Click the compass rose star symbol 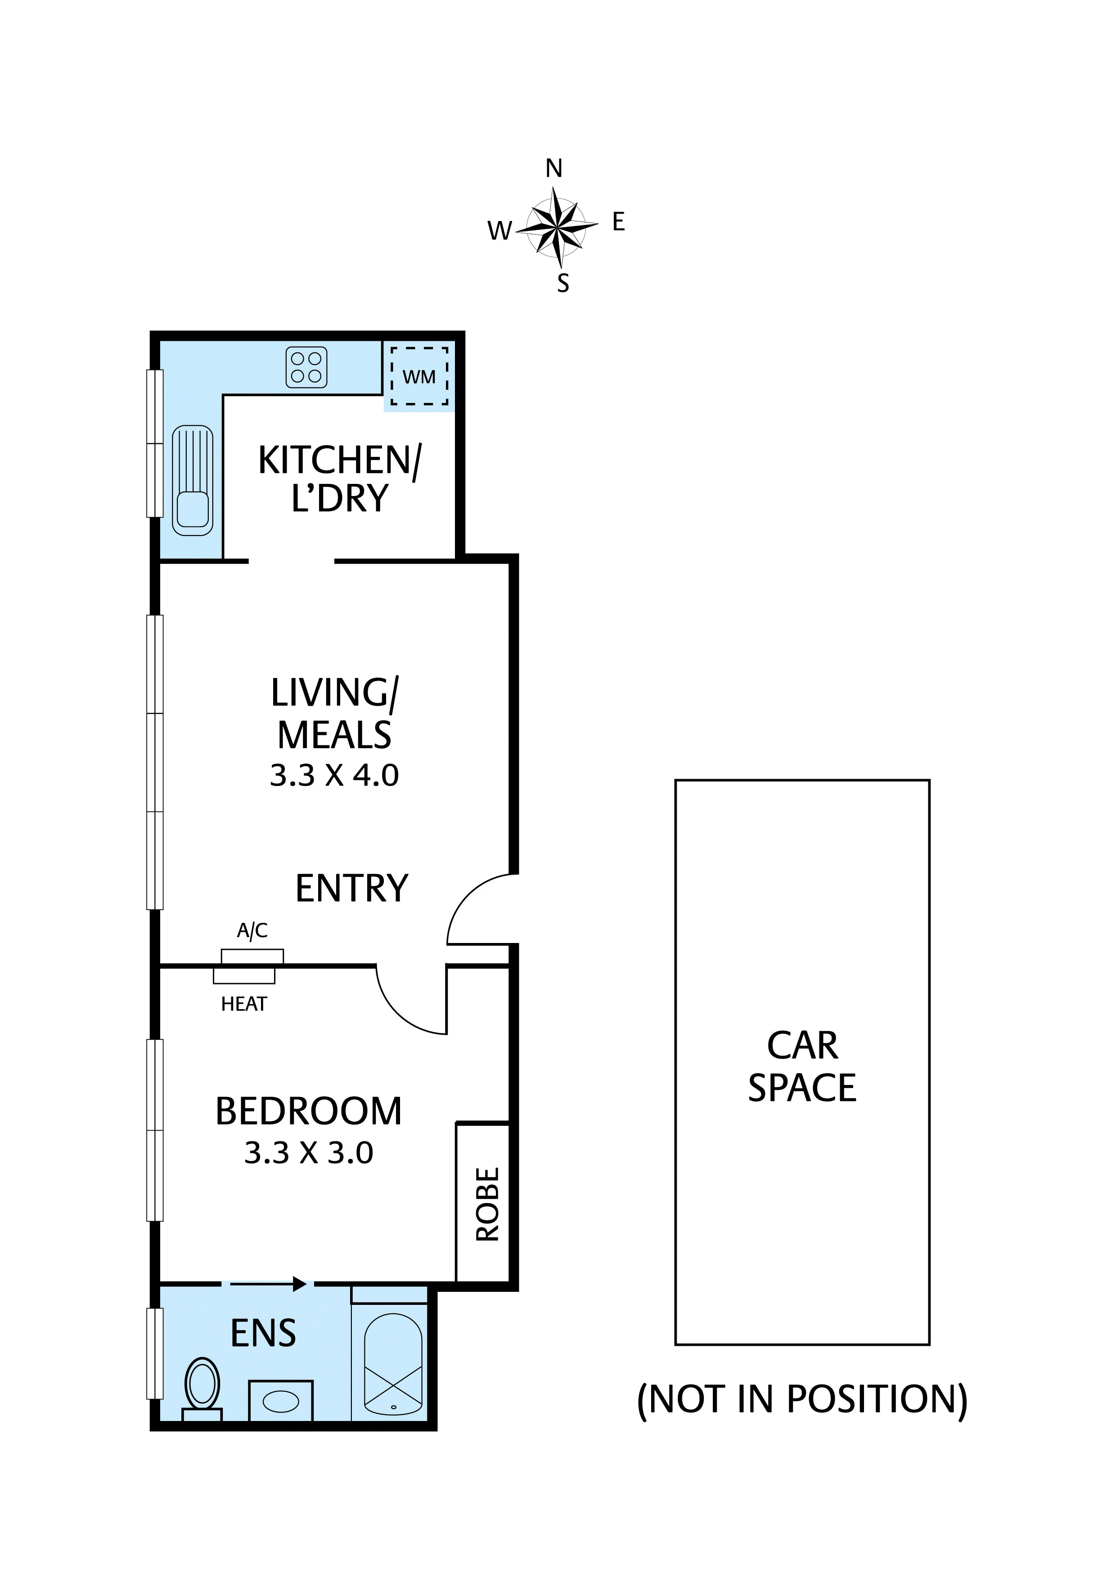558,226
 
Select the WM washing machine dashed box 419,376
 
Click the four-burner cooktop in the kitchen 306,367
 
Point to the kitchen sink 193,480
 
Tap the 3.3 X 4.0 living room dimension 334,775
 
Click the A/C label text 252,930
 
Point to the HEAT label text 243,1005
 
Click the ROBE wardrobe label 487,1204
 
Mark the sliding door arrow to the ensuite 268,1283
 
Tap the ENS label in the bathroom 263,1334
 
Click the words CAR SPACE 802,1067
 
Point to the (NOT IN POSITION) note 802,1399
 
